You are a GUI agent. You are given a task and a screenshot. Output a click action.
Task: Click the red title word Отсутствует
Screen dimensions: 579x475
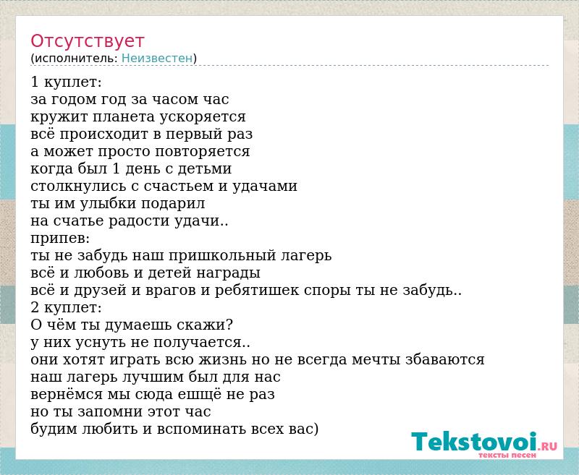tap(87, 41)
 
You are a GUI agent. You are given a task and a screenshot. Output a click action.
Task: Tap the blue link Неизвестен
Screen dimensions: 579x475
tap(157, 59)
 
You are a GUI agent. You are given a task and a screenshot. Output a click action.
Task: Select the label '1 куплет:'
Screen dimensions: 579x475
tap(66, 82)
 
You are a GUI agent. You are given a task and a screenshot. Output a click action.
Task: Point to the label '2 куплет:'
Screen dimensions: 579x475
tap(66, 307)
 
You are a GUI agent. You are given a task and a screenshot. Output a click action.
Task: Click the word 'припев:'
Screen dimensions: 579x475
tap(60, 239)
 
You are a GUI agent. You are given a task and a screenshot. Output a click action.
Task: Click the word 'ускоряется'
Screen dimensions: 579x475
tap(203, 117)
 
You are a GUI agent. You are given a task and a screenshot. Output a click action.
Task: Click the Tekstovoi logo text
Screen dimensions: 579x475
tap(474, 442)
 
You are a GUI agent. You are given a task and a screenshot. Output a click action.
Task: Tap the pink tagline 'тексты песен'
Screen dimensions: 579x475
tap(507, 455)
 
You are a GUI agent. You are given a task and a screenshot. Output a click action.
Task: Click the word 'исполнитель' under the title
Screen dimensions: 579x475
tap(75, 59)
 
